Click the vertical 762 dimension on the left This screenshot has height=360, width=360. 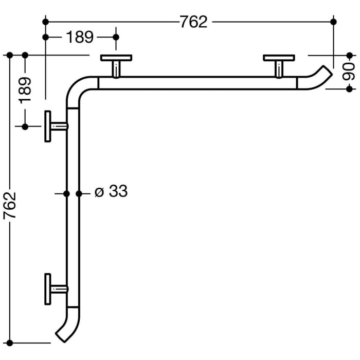(x=10, y=205)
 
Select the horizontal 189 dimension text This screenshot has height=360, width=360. (x=80, y=37)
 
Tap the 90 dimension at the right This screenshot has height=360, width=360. (x=349, y=71)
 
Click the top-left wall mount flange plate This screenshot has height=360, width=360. (x=116, y=58)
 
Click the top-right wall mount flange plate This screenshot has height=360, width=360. (x=278, y=58)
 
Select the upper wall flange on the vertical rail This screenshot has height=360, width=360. (x=48, y=126)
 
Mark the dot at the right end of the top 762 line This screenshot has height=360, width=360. (x=333, y=22)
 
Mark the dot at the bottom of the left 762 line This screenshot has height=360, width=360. (x=10, y=341)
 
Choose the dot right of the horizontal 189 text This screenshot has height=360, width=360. (x=116, y=37)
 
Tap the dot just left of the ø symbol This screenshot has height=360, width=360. (x=79, y=193)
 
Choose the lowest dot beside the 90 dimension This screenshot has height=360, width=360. (x=349, y=88)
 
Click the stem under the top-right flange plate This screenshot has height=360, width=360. (x=278, y=69)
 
